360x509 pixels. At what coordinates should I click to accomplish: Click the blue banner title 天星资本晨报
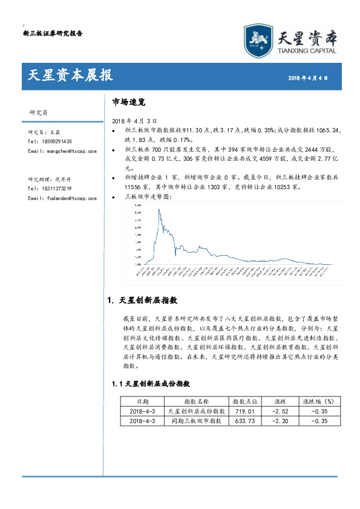[x=70, y=76]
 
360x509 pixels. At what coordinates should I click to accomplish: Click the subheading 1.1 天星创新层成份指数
[x=151, y=384]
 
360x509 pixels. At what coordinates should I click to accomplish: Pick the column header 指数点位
[x=245, y=401]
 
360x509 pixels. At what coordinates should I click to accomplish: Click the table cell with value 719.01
[x=245, y=410]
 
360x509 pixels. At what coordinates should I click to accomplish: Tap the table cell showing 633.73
[x=245, y=421]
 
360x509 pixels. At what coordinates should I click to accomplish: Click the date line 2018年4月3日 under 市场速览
[x=131, y=121]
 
